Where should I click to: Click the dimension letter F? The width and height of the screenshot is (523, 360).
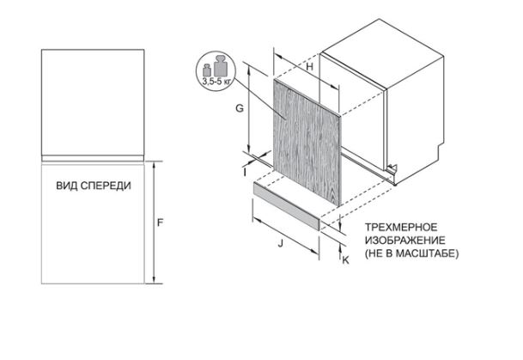click(160, 223)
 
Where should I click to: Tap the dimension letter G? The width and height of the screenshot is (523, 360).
click(240, 108)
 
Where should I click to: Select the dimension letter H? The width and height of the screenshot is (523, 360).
click(310, 67)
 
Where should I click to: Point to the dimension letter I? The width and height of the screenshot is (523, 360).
click(245, 173)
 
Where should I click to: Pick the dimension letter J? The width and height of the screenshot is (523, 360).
click(281, 243)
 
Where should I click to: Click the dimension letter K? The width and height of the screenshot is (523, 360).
click(345, 260)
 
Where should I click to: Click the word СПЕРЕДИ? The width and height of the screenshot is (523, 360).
click(106, 186)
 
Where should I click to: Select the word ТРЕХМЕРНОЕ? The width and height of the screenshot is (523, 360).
click(401, 227)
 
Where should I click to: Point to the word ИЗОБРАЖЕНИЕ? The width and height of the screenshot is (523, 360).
click(405, 241)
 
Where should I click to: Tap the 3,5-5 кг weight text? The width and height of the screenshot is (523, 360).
click(216, 81)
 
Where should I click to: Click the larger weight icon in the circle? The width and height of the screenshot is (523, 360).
click(220, 65)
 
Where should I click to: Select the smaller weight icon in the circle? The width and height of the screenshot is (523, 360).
click(207, 70)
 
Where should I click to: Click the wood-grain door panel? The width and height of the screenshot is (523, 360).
click(307, 143)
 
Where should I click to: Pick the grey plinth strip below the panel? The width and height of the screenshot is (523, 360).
click(287, 206)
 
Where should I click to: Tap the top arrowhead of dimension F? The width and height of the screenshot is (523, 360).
click(154, 164)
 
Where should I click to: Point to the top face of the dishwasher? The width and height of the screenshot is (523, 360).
click(382, 53)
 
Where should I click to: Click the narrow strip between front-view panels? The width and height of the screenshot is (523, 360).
click(93, 158)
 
